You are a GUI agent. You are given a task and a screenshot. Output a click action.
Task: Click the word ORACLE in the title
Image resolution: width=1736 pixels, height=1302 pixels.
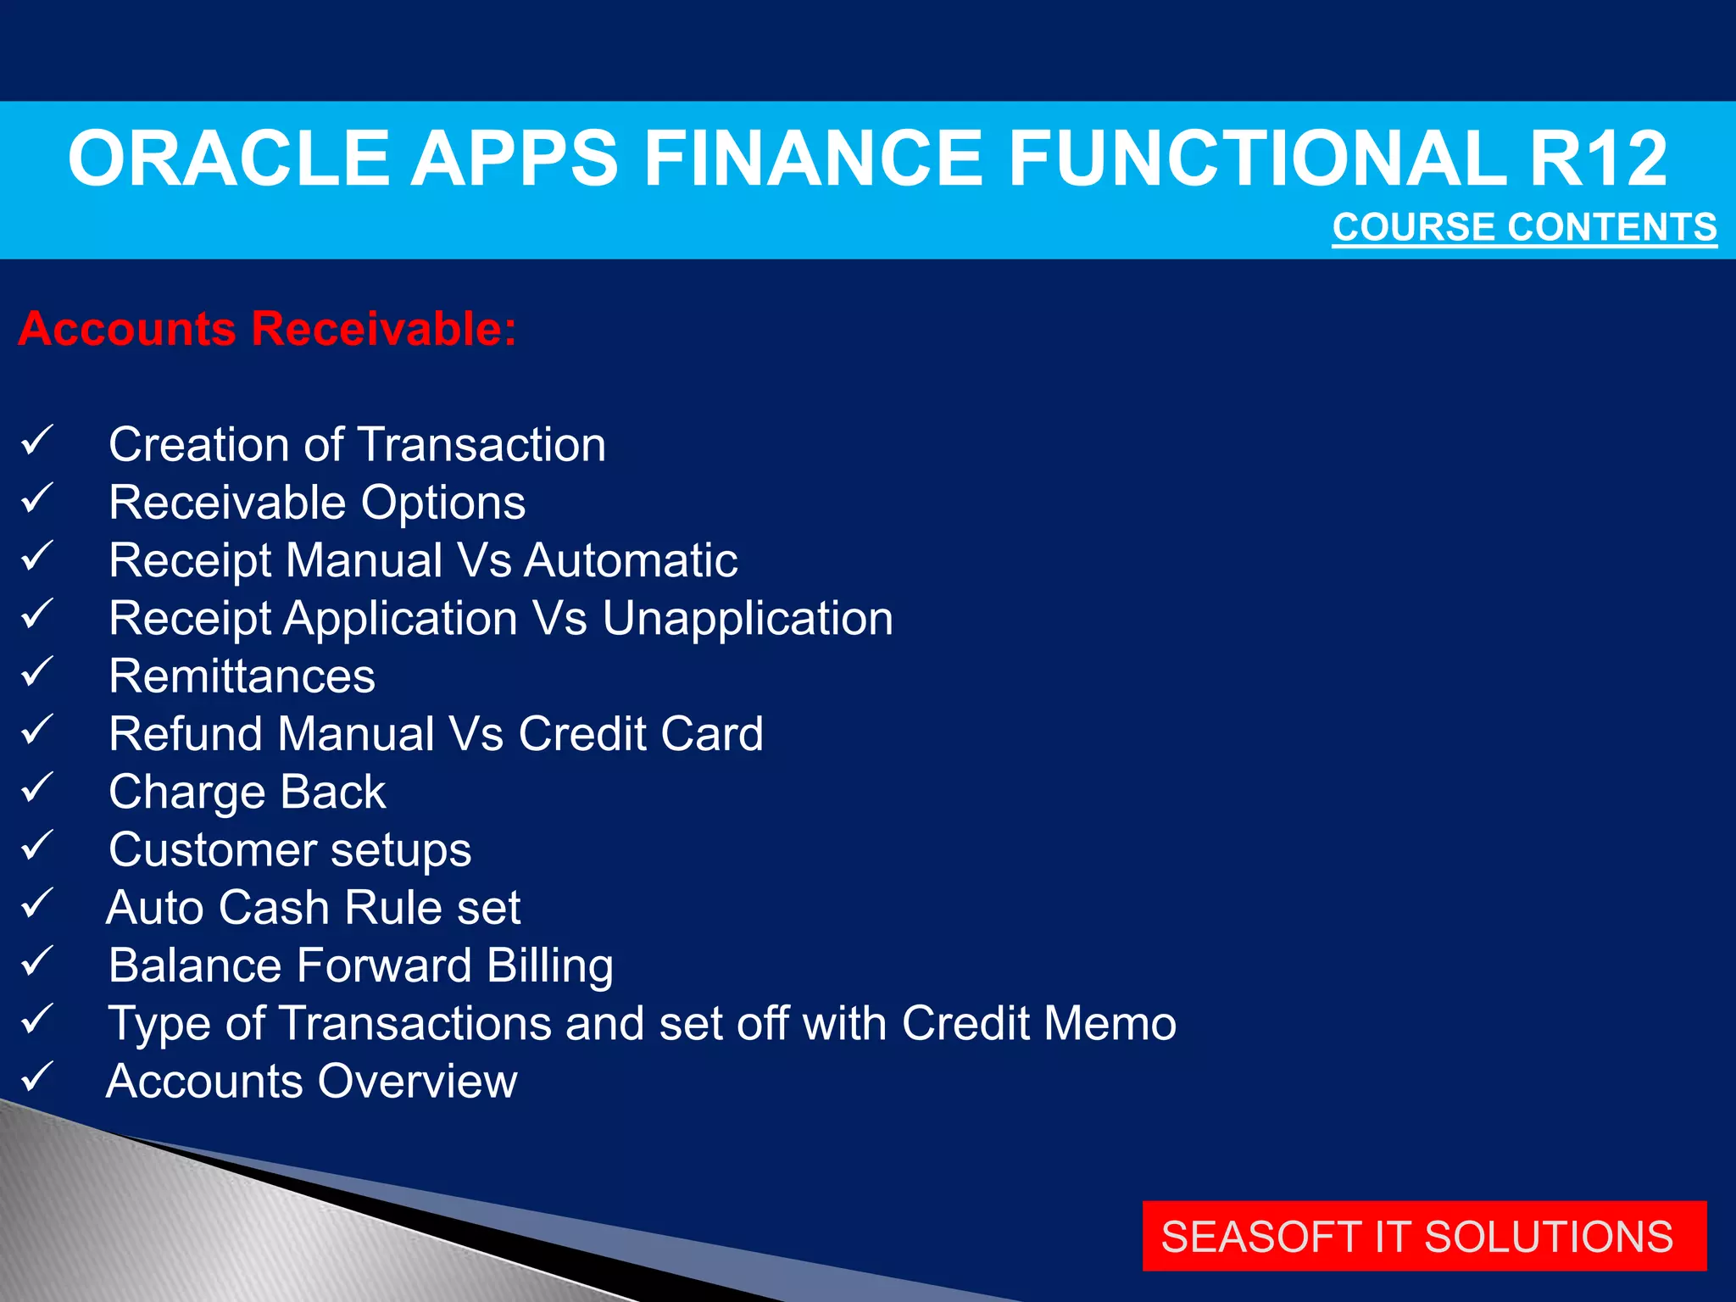tap(229, 159)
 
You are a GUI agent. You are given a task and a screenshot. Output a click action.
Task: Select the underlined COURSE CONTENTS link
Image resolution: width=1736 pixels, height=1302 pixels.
tap(1524, 227)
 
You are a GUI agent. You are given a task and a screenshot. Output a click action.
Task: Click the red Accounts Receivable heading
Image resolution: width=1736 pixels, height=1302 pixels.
tap(267, 329)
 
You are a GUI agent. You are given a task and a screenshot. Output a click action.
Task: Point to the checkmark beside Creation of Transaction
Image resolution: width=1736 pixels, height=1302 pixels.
tap(37, 441)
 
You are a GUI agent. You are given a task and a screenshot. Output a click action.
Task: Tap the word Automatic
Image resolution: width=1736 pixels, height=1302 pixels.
tap(631, 560)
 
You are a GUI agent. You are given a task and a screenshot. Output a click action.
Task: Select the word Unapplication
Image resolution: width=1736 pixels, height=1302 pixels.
tap(748, 618)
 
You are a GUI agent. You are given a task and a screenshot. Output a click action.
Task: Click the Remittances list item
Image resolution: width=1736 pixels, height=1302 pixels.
tap(242, 676)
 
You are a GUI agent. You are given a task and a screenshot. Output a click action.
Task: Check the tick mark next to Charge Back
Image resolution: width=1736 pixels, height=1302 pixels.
tap(37, 787)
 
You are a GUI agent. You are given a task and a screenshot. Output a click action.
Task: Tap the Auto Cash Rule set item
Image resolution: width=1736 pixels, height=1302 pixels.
tap(313, 908)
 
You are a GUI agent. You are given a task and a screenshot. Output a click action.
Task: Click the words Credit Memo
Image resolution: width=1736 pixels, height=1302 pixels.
tap(1038, 1023)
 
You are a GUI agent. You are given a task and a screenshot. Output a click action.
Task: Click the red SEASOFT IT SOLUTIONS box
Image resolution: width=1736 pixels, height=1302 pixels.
tap(1424, 1236)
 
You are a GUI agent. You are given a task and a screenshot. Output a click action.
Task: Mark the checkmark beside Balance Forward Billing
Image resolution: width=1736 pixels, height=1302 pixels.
tap(37, 961)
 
